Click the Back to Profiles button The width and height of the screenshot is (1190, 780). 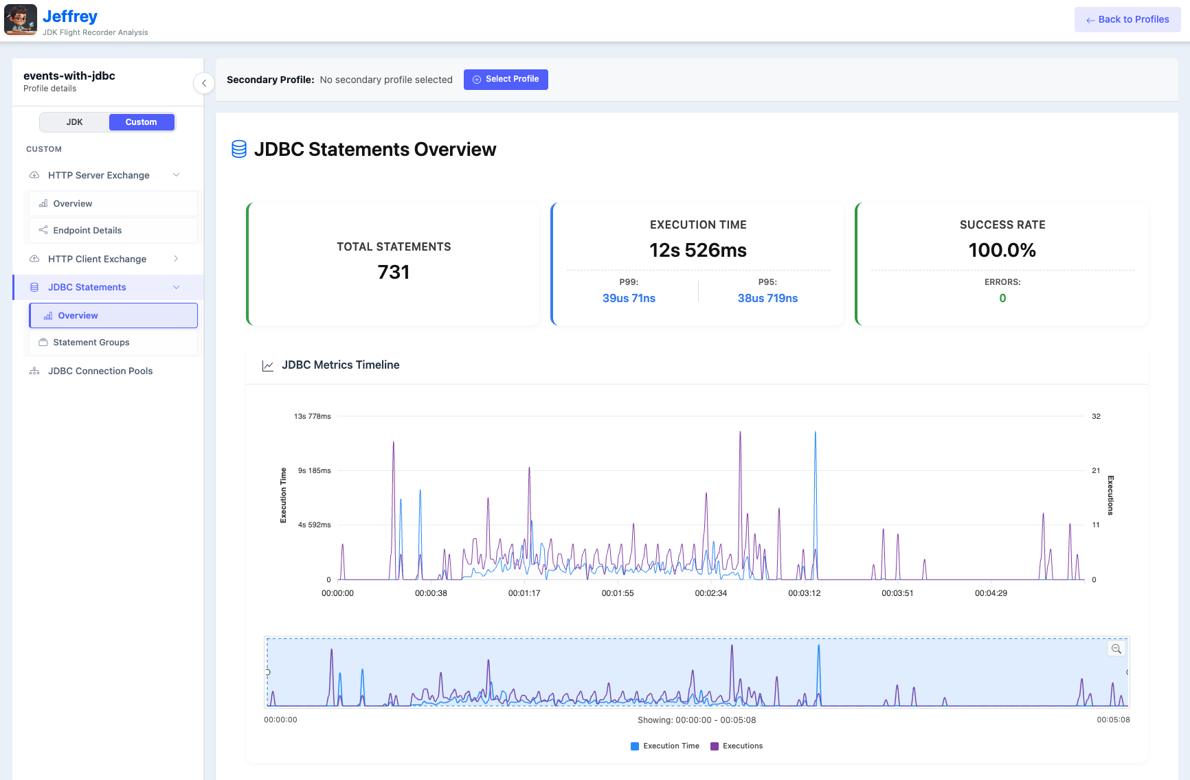tap(1127, 19)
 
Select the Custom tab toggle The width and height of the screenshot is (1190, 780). tap(141, 122)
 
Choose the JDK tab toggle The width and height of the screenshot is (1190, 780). tap(74, 122)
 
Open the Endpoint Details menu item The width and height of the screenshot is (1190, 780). tap(87, 231)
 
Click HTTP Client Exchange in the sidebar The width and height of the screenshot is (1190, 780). tap(97, 259)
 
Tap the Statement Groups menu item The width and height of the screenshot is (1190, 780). tap(91, 343)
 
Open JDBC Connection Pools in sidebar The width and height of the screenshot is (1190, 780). tap(100, 371)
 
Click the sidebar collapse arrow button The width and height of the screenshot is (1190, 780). tap(203, 83)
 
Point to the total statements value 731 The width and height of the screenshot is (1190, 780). tap(394, 273)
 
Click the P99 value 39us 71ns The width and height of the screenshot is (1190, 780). tap(629, 298)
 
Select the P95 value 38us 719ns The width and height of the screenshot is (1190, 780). tap(767, 298)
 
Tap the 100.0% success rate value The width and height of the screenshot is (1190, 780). tap(1002, 250)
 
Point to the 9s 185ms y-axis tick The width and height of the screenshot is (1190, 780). tap(314, 470)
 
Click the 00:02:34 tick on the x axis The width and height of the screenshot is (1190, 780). tap(710, 593)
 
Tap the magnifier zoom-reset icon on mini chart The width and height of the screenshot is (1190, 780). tap(1116, 649)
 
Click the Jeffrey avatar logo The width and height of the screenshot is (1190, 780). tap(21, 20)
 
